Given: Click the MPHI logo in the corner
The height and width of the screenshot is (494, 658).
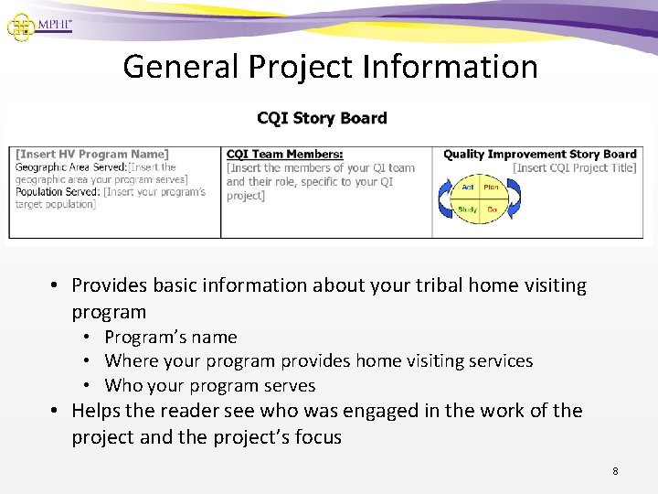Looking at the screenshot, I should (x=38, y=25).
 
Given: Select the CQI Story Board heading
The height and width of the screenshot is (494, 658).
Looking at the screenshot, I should (x=322, y=118).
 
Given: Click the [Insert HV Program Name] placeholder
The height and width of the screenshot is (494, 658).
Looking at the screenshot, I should (x=91, y=155).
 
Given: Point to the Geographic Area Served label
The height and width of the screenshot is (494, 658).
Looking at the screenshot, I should (x=70, y=167).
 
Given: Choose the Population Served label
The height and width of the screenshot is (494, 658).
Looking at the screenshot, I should (x=58, y=192).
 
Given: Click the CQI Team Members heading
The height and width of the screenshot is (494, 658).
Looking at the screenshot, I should (x=284, y=155).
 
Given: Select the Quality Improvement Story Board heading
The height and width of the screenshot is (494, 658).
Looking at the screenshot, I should (x=539, y=155).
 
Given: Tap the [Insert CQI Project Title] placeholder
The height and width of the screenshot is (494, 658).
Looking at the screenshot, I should (x=574, y=167).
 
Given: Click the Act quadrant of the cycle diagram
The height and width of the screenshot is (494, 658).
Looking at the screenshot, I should (x=467, y=188).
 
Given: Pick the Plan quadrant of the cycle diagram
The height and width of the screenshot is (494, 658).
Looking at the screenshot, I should (x=491, y=188).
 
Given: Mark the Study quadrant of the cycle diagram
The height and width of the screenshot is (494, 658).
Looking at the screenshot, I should (x=467, y=210).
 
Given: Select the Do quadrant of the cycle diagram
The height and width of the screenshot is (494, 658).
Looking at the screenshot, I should (x=491, y=210).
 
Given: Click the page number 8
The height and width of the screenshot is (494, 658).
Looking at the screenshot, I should (x=615, y=471).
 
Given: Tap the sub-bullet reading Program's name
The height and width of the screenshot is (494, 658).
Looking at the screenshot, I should (x=170, y=338).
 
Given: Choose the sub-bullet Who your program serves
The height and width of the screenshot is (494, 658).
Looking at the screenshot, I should (x=209, y=385).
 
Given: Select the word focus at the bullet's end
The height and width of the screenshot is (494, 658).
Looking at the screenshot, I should (x=317, y=437).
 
